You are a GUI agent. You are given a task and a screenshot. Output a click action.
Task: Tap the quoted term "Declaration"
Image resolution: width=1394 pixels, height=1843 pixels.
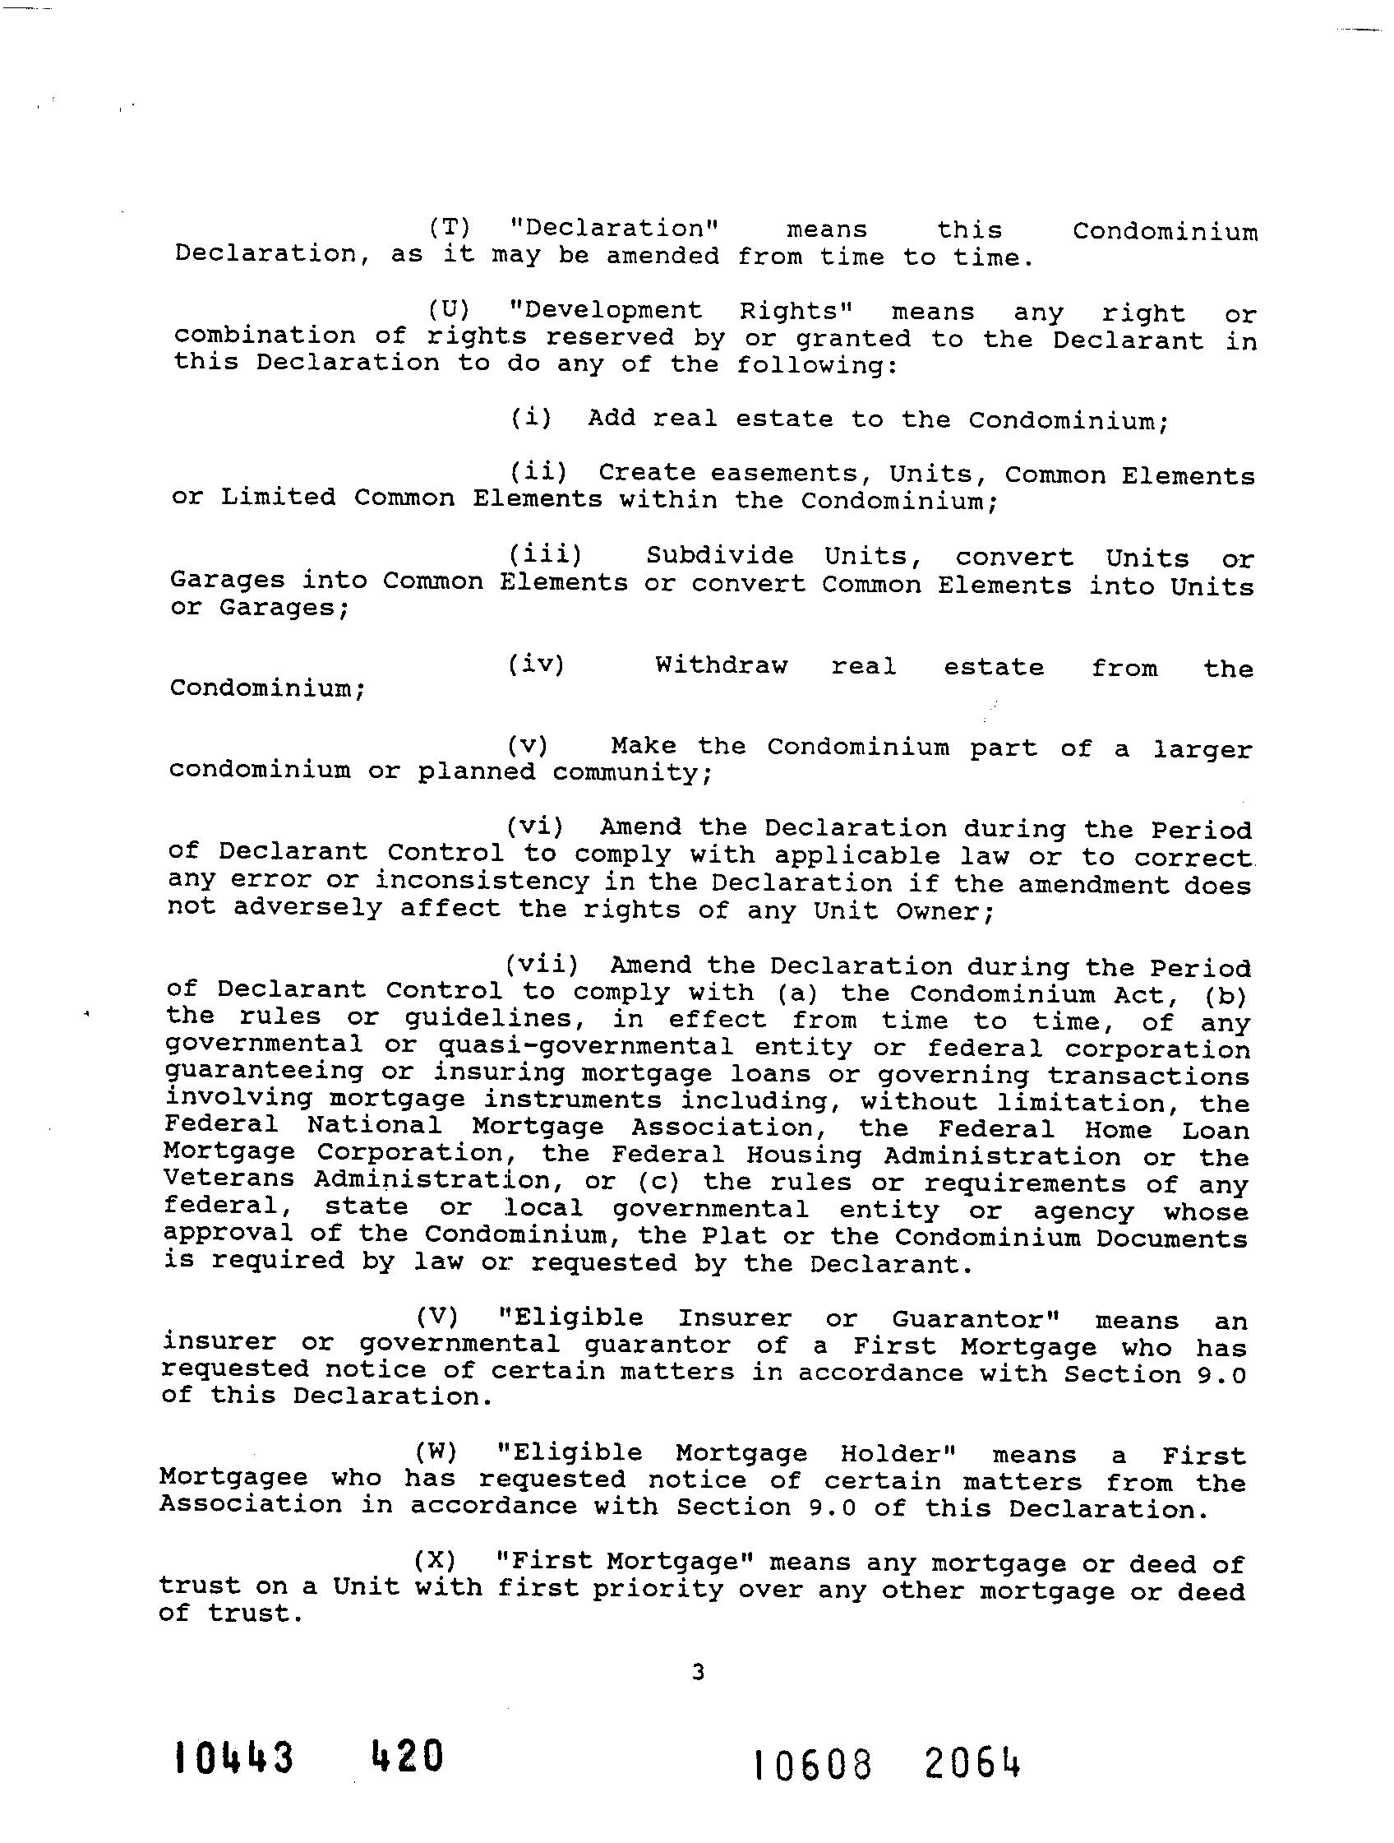(x=615, y=229)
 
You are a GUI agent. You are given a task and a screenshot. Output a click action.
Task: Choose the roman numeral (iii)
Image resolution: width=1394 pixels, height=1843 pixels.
(x=546, y=555)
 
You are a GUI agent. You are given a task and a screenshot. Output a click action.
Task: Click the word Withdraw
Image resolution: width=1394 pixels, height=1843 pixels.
(x=721, y=665)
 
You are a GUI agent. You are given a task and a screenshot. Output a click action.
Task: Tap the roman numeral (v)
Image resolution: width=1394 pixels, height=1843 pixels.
(x=528, y=746)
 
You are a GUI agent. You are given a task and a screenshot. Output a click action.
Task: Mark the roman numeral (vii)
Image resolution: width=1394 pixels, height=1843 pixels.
(x=542, y=965)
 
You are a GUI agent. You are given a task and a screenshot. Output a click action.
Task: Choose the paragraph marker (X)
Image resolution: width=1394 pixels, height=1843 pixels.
(x=435, y=1562)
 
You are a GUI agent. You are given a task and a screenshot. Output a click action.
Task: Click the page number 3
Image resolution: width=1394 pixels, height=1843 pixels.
(x=698, y=1670)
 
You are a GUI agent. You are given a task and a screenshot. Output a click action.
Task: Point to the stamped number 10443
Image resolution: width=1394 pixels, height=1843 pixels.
(x=234, y=1758)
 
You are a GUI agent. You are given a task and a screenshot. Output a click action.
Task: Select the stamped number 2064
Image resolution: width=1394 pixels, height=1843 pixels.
(x=971, y=1765)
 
